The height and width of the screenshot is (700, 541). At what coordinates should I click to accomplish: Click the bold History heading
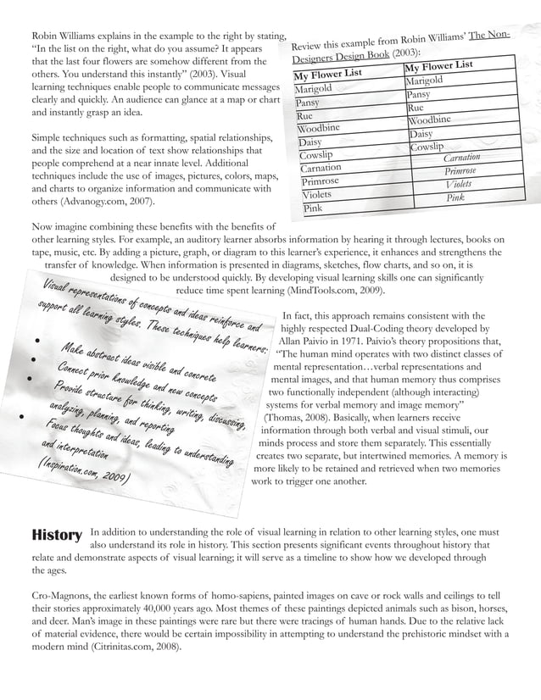pyautogui.click(x=56, y=535)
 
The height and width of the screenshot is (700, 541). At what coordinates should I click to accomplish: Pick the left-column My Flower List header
pyautogui.click(x=330, y=73)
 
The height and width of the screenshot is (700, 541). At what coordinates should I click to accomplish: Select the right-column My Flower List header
pyautogui.click(x=438, y=66)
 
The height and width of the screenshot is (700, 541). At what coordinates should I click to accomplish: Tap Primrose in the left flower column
pyautogui.click(x=320, y=181)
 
